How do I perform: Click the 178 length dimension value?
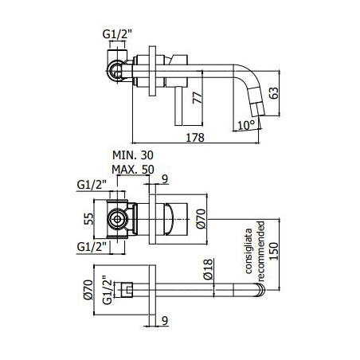(195, 138)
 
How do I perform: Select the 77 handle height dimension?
(198, 98)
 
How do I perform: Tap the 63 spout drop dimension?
(274, 93)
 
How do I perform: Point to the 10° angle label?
(246, 125)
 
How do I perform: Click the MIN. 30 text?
(133, 155)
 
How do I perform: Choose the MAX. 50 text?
(133, 170)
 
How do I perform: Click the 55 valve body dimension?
(89, 219)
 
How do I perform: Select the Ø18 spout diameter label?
(209, 269)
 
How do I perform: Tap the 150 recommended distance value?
(274, 251)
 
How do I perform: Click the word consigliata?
(248, 251)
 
